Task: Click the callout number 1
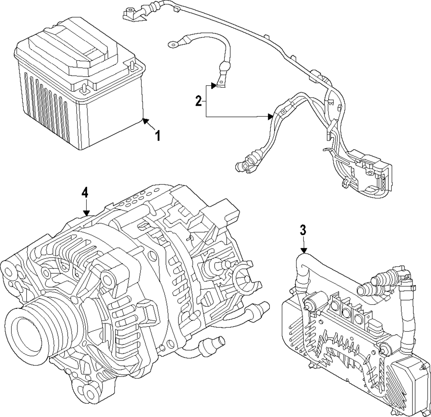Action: point(157,136)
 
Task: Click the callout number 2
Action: point(198,101)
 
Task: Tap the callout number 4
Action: point(85,193)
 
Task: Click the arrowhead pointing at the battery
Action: point(145,121)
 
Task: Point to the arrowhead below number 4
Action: point(87,213)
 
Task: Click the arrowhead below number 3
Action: point(304,250)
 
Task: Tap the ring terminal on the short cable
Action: point(173,43)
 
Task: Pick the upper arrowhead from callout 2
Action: point(214,86)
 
